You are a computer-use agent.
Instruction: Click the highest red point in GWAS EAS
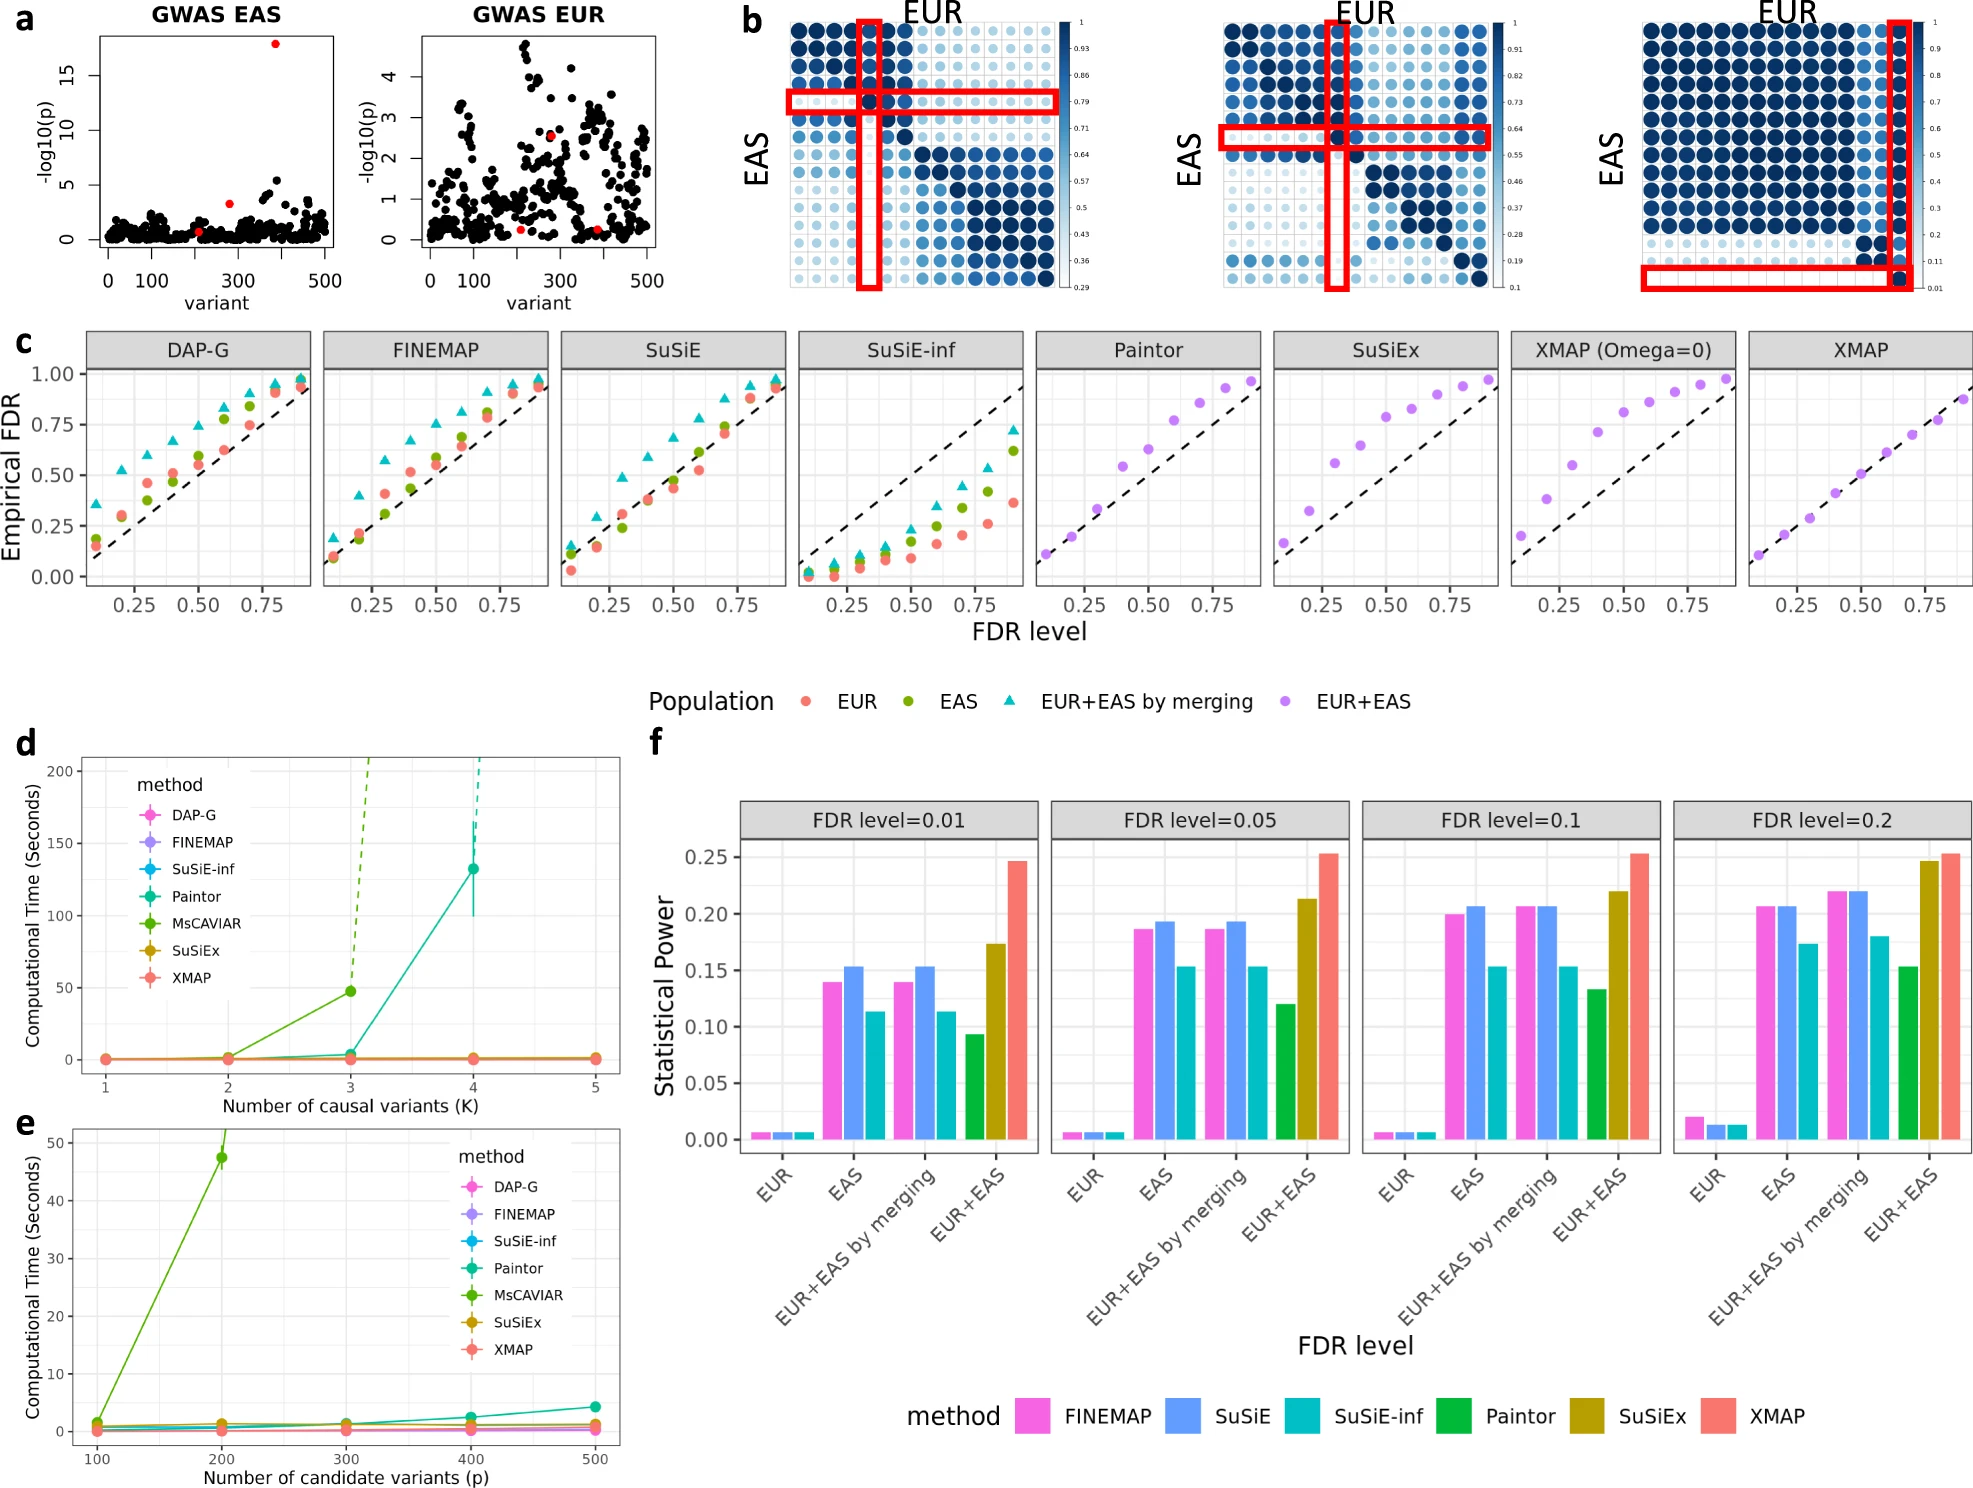(275, 44)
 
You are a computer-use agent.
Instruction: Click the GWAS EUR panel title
(538, 15)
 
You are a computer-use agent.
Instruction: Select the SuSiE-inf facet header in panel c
(910, 350)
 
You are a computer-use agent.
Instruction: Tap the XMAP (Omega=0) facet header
(1623, 350)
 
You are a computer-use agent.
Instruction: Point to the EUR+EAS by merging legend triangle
(1010, 701)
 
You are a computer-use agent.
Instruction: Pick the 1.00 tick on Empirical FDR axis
(53, 374)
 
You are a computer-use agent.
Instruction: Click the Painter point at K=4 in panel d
(473, 869)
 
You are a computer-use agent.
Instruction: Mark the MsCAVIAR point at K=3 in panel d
(351, 991)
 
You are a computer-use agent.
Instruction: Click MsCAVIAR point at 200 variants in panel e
(222, 1158)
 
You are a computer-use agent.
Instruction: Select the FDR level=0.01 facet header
(888, 820)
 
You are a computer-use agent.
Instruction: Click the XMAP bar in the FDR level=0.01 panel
(1017, 1000)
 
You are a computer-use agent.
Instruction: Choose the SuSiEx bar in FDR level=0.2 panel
(1929, 1000)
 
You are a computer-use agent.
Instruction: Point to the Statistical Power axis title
(664, 996)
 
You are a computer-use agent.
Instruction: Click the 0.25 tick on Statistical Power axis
(706, 857)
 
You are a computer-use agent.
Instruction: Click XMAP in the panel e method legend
(513, 1349)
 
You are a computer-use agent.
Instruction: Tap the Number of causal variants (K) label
(350, 1106)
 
